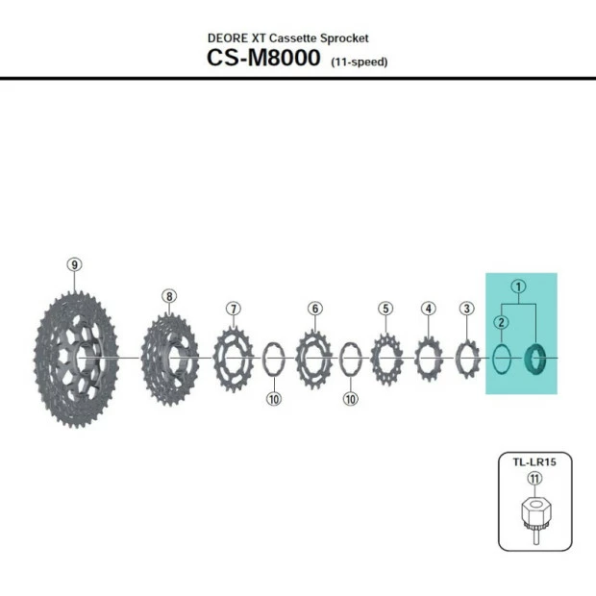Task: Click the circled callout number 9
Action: [x=75, y=264]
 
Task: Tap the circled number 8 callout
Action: [x=169, y=296]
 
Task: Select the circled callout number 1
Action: [x=518, y=286]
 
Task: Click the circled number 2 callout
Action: [x=501, y=323]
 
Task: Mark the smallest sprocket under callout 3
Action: [x=467, y=359]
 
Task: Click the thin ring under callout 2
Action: [x=502, y=360]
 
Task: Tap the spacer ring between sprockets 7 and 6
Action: [x=274, y=360]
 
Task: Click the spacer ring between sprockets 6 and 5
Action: [x=351, y=360]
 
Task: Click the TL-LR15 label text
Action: [x=534, y=461]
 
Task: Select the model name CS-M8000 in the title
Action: [x=263, y=57]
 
